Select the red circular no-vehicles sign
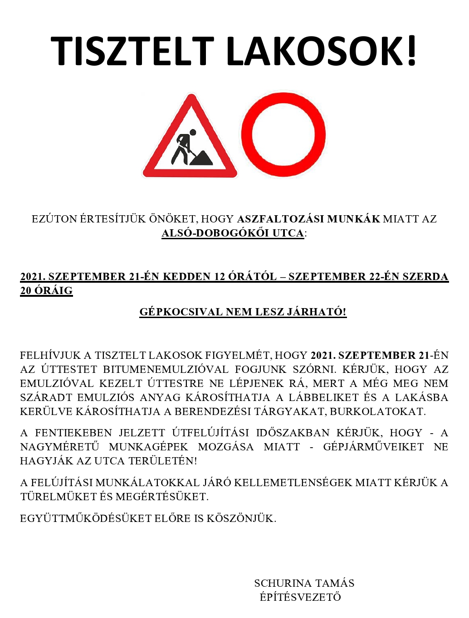pos(283,134)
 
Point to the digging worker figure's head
pos(193,133)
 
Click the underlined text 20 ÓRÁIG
pos(46,291)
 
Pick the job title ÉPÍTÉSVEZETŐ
pos(300,597)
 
